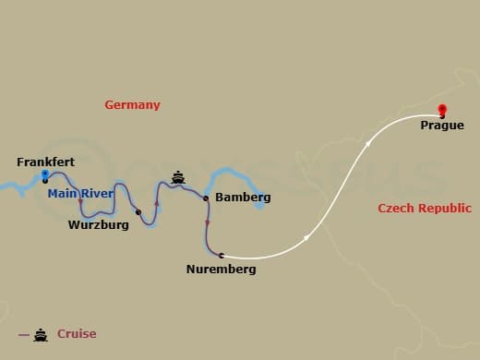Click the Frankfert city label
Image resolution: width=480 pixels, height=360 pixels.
coord(45,162)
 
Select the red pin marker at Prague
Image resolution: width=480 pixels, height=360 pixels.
coord(442,109)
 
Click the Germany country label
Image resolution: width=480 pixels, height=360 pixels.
coord(132,105)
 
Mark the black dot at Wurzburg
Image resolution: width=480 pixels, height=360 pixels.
coord(138,212)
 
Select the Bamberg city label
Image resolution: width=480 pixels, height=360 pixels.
coord(242,198)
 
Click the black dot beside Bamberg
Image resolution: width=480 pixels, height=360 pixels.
coord(205,198)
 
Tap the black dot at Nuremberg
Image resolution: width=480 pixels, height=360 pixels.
coord(222,255)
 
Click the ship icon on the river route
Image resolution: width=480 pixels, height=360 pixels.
coord(178,175)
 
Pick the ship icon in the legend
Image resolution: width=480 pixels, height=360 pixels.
coord(41,334)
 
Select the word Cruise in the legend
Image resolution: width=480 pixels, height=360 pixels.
coord(77,334)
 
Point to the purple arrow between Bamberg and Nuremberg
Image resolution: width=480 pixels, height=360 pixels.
coord(208,222)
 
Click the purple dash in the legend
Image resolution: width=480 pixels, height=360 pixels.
coord(23,334)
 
